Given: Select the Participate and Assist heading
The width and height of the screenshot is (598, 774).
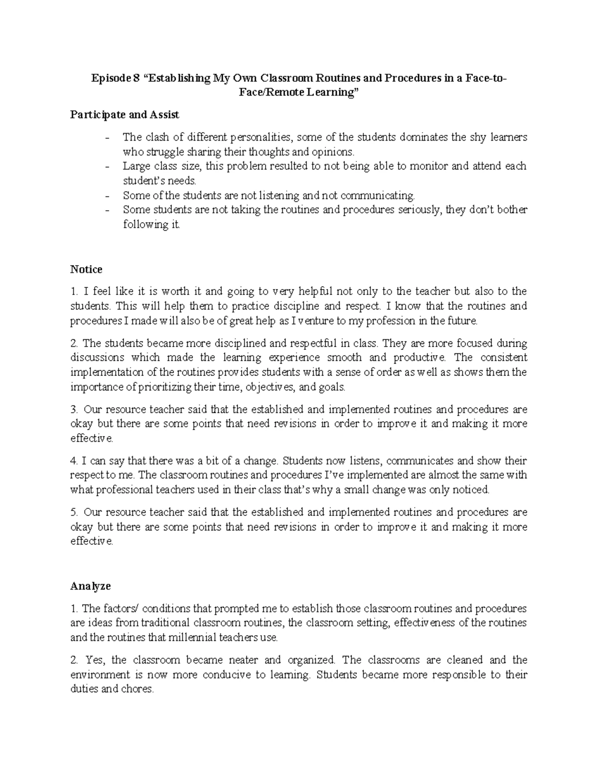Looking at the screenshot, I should pyautogui.click(x=125, y=115).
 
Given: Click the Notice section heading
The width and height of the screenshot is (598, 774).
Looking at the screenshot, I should pyautogui.click(x=86, y=270).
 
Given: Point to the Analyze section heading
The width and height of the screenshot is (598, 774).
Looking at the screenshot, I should pyautogui.click(x=90, y=586).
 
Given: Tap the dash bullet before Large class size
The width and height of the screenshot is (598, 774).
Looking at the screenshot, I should pyautogui.click(x=109, y=166).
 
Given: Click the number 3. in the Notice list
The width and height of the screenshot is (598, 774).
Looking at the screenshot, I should pyautogui.click(x=74, y=410).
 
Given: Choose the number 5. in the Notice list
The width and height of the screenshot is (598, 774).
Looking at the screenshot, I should pyautogui.click(x=74, y=512).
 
